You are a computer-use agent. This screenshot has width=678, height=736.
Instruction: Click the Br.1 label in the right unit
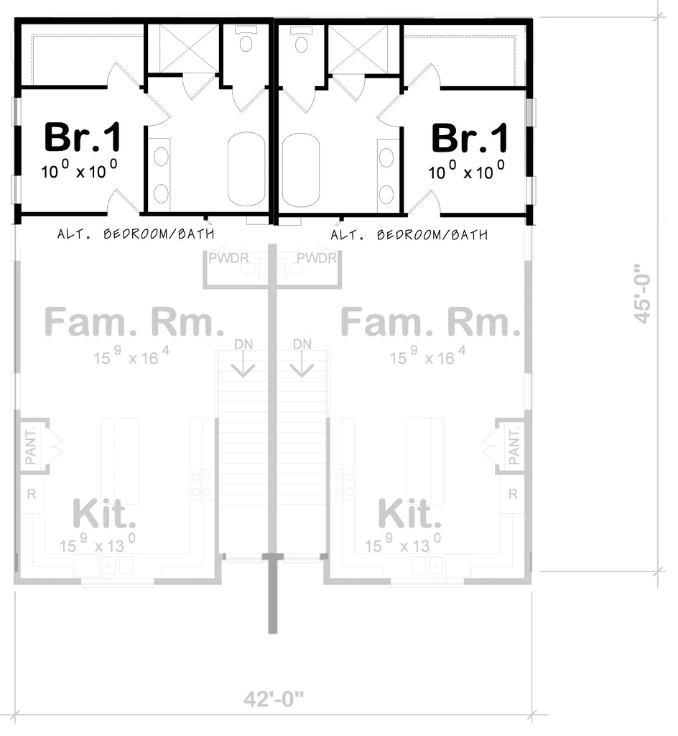pyautogui.click(x=469, y=137)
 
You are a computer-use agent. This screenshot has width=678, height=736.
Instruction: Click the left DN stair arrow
pyautogui.click(x=244, y=359)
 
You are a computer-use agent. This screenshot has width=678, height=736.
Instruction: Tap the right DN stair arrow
pyautogui.click(x=302, y=359)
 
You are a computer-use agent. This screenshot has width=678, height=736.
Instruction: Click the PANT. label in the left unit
pyautogui.click(x=31, y=446)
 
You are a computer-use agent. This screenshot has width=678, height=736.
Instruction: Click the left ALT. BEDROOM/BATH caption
pyautogui.click(x=136, y=234)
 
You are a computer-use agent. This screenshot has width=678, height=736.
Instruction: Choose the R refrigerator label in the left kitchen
pyautogui.click(x=31, y=494)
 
